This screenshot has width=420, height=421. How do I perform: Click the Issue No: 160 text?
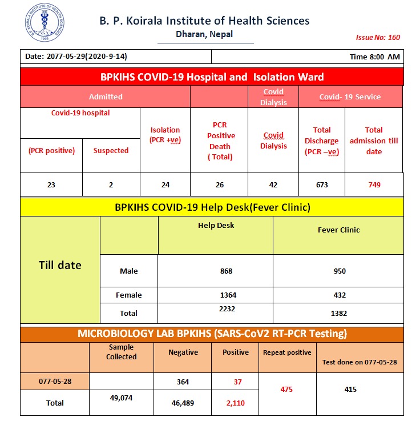(x=378, y=38)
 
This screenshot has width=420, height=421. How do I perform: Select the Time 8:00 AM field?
(x=374, y=57)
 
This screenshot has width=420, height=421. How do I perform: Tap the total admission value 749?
(x=374, y=185)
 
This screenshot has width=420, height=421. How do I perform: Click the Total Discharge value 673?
(x=322, y=185)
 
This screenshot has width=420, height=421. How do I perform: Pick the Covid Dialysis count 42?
(x=273, y=185)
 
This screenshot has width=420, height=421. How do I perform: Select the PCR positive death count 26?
(x=220, y=185)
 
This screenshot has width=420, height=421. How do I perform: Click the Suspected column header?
(x=111, y=151)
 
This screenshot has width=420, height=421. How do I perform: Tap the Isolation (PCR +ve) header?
(x=165, y=135)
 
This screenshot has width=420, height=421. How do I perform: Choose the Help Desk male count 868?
(x=227, y=271)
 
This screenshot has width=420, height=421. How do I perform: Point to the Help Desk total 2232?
(x=227, y=309)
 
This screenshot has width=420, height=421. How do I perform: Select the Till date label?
(x=60, y=265)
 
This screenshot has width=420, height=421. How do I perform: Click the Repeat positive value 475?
(x=287, y=390)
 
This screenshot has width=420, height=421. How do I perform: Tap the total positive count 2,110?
(x=236, y=403)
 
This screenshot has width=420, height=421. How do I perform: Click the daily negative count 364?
(x=183, y=382)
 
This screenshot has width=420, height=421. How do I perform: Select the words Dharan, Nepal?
(x=204, y=34)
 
